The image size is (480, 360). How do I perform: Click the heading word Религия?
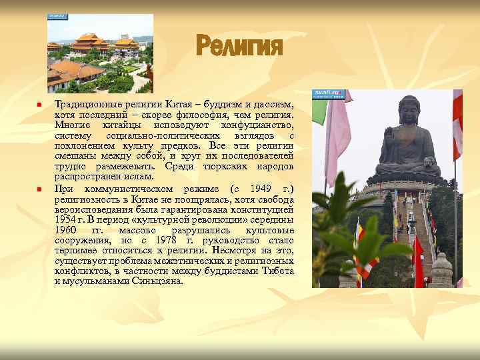pos(239,47)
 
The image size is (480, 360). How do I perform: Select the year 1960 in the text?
pos(65,230)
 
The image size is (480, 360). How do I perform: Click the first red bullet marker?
pos(40,106)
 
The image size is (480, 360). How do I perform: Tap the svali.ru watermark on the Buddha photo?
pos(329,94)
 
